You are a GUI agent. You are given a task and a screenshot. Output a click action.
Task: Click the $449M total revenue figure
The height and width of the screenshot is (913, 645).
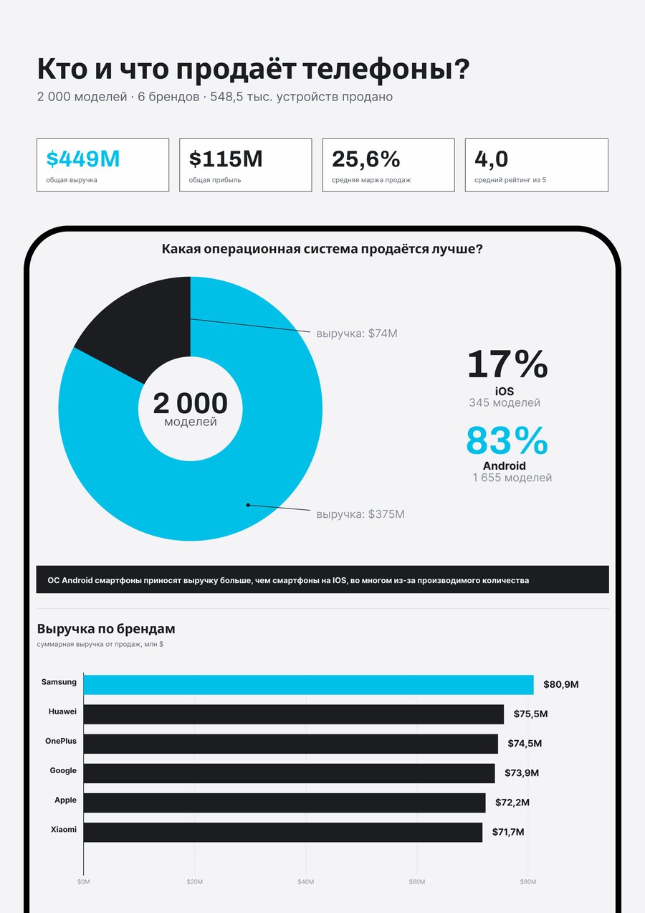pos(83,159)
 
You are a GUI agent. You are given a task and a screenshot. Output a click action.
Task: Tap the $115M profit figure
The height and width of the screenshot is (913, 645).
pos(226,159)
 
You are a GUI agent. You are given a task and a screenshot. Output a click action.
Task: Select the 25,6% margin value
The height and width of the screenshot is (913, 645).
pos(366,159)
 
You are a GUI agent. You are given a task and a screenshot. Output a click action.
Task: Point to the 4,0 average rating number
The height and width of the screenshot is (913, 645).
pos(491,159)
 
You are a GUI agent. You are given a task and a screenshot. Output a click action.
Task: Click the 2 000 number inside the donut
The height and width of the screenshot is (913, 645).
pos(190,403)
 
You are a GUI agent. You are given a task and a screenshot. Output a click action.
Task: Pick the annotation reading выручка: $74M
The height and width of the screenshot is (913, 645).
pos(357,333)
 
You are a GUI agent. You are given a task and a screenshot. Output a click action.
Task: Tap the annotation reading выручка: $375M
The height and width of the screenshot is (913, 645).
pos(360,514)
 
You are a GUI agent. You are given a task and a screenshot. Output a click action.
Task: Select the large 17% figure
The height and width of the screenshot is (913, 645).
pos(507,364)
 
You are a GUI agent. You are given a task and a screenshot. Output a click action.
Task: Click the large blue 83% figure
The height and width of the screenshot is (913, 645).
pos(507,440)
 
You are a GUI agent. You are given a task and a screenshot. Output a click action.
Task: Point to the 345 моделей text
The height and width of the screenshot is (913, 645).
pos(505,402)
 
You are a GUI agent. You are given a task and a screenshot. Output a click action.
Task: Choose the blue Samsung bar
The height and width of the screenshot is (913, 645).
pos(309,685)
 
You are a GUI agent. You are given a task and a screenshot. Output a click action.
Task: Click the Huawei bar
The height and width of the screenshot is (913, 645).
pos(294,714)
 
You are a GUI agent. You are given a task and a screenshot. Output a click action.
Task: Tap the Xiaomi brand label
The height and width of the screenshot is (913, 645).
pos(64,829)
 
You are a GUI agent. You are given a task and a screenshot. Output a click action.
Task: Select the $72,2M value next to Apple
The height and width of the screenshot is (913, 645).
pos(512,803)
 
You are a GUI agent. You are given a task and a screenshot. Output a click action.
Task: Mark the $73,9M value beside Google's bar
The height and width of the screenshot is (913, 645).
pos(522,773)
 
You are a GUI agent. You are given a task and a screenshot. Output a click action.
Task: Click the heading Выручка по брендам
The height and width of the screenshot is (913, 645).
pos(106,629)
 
